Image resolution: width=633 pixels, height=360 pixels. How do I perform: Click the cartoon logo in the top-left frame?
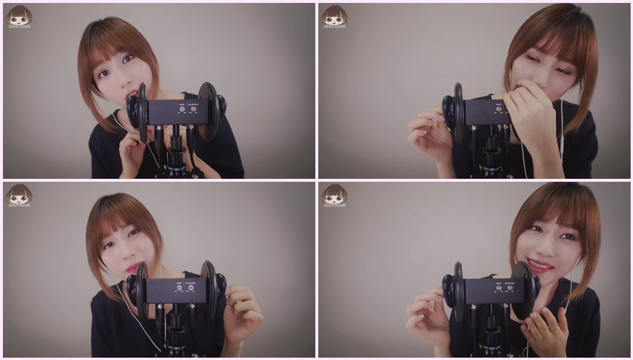tap(19, 16)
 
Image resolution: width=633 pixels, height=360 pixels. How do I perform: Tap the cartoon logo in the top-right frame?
tap(334, 16)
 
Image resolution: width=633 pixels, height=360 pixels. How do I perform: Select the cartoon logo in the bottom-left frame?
tap(19, 195)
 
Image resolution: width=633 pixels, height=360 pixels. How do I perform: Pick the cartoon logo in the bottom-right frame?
tap(334, 195)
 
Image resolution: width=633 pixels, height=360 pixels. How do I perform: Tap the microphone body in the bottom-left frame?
tap(176, 290)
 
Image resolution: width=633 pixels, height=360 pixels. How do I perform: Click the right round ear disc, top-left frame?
tap(208, 111)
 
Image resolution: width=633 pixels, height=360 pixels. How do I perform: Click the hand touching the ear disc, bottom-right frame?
tap(545, 328)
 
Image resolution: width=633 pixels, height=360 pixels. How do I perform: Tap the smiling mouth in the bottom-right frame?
tap(540, 267)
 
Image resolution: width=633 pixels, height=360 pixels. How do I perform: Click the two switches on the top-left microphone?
tap(187, 108)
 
